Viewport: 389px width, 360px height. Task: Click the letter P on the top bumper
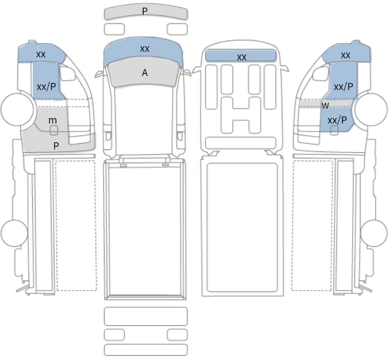click(145, 11)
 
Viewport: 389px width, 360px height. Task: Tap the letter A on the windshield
click(145, 73)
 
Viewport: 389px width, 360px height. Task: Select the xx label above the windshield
click(145, 49)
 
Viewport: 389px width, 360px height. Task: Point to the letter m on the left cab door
click(52, 121)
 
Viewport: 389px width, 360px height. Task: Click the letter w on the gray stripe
click(326, 105)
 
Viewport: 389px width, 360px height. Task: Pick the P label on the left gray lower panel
click(56, 146)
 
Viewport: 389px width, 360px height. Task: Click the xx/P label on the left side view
click(47, 87)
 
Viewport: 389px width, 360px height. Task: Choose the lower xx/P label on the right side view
click(337, 121)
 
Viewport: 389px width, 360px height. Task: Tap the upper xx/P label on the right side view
click(344, 87)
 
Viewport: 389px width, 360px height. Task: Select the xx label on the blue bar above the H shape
click(242, 57)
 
